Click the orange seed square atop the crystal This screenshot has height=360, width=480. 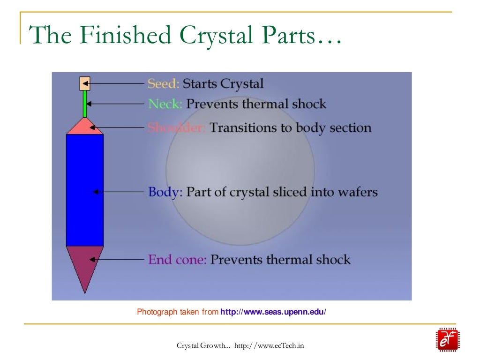84,83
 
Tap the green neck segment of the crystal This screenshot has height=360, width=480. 85,104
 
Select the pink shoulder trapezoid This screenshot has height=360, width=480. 85,127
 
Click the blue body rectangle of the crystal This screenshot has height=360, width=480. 84,190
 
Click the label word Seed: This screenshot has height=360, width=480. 163,84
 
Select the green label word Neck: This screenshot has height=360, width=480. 165,104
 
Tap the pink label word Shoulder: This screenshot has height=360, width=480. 176,127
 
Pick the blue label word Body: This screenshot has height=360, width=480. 165,192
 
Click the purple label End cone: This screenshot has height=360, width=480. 177,260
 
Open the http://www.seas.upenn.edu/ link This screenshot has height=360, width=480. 273,312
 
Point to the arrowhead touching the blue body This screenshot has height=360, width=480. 95,192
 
